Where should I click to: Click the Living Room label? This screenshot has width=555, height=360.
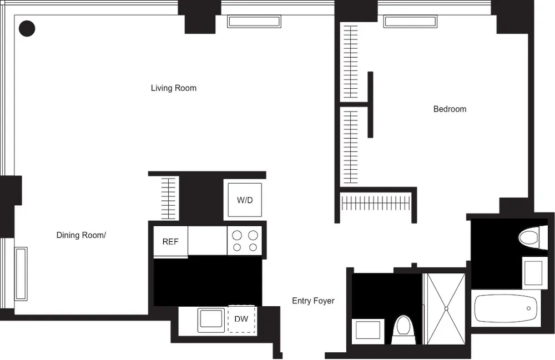[173, 88]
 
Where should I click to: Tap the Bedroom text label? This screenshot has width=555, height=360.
[450, 109]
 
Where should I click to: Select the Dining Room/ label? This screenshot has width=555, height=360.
[81, 235]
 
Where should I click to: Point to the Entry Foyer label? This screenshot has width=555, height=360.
[313, 301]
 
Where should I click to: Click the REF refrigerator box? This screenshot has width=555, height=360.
[170, 241]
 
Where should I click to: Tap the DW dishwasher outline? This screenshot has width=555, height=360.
[241, 319]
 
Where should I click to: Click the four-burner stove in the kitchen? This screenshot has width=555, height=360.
[245, 240]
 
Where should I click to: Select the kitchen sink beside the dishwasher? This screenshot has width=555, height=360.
[211, 320]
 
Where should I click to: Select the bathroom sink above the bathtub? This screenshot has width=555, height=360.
[534, 272]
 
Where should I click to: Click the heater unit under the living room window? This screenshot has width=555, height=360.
[254, 21]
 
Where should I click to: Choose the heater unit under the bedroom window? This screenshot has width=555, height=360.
[410, 21]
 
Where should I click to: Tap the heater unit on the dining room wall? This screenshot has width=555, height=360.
[21, 274]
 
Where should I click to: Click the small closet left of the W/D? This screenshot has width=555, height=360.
[169, 197]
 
